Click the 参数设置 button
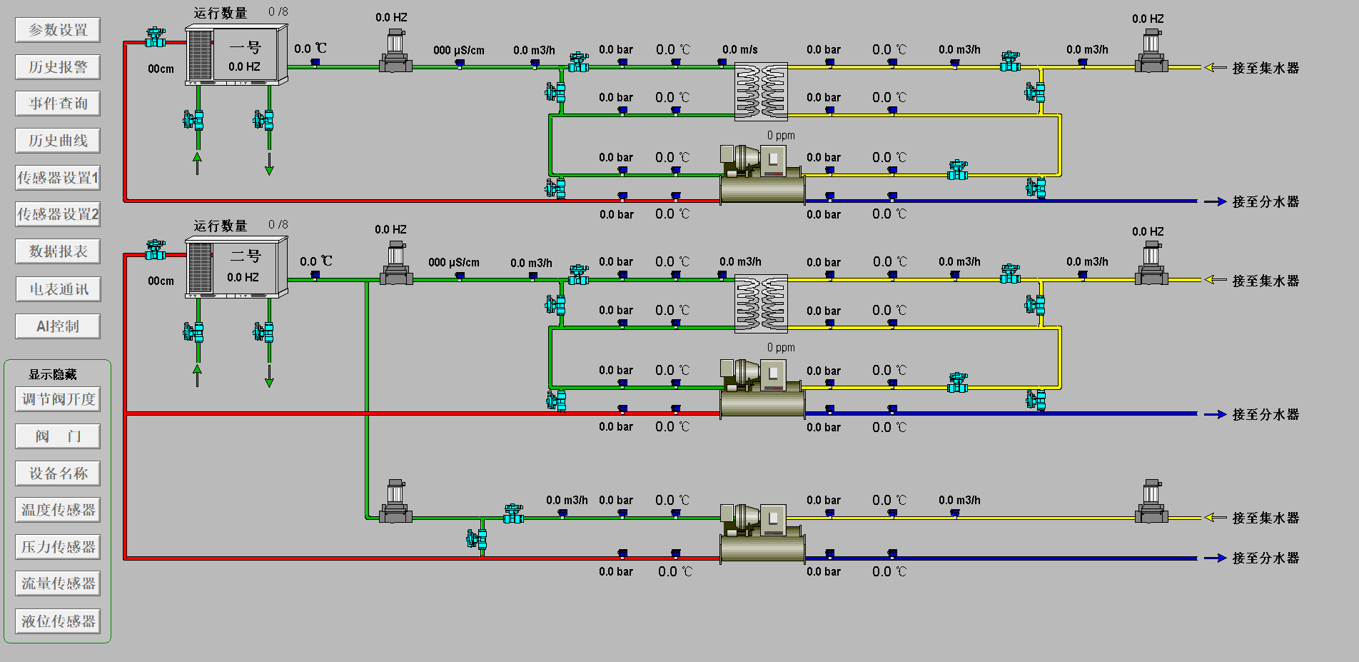(58, 30)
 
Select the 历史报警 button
(58, 67)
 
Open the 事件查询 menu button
(58, 104)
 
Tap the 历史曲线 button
(58, 141)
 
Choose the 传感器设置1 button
(58, 178)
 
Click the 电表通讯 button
(58, 289)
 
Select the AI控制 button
(58, 326)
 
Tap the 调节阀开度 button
(58, 399)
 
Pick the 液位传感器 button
(58, 621)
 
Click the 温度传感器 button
(58, 510)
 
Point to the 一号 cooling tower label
(245, 48)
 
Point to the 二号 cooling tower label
(245, 256)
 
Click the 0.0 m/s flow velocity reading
(739, 50)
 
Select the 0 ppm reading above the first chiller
(781, 136)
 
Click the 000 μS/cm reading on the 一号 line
(458, 51)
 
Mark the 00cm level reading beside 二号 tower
(161, 281)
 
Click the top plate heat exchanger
(761, 91)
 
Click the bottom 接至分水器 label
(1265, 558)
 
